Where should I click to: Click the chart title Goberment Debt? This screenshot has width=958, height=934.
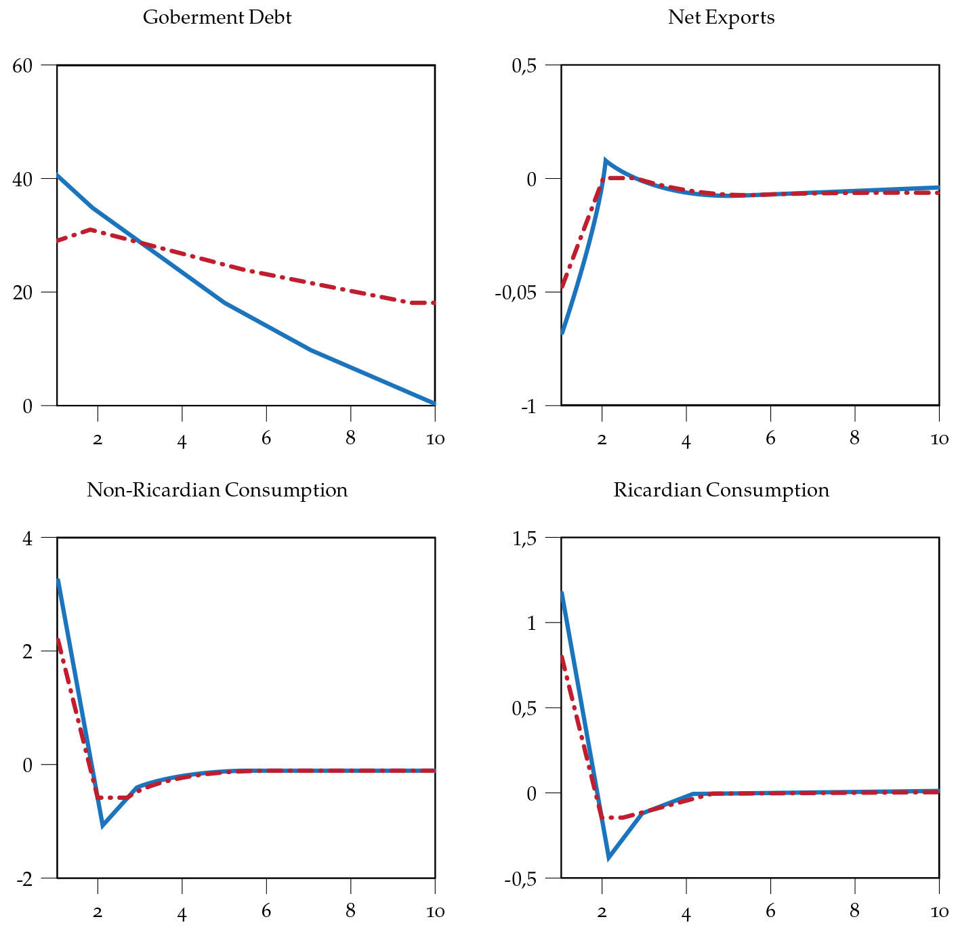click(217, 17)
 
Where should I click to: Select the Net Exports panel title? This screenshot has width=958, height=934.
click(721, 17)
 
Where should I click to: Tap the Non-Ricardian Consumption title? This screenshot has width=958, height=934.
click(217, 490)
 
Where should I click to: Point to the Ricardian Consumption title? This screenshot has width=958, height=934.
click(721, 490)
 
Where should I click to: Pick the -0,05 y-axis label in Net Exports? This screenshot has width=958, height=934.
click(517, 293)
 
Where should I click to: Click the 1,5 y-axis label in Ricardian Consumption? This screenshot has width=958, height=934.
click(522, 538)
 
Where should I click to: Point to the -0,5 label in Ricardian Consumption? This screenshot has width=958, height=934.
click(520, 879)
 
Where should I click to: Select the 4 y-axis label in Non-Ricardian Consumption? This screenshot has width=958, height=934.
click(27, 538)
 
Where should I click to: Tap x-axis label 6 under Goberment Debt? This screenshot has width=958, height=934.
click(266, 438)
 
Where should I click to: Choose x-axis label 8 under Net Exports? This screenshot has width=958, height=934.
click(854, 438)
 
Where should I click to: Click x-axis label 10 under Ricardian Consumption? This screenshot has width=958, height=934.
click(939, 911)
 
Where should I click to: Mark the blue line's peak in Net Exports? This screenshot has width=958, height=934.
click(606, 161)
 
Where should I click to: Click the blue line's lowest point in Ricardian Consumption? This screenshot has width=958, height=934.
click(609, 857)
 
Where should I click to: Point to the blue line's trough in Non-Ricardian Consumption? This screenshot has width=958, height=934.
click(102, 825)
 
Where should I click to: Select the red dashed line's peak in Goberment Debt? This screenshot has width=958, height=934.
click(91, 230)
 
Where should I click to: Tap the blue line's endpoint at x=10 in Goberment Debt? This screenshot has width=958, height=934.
click(434, 403)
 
